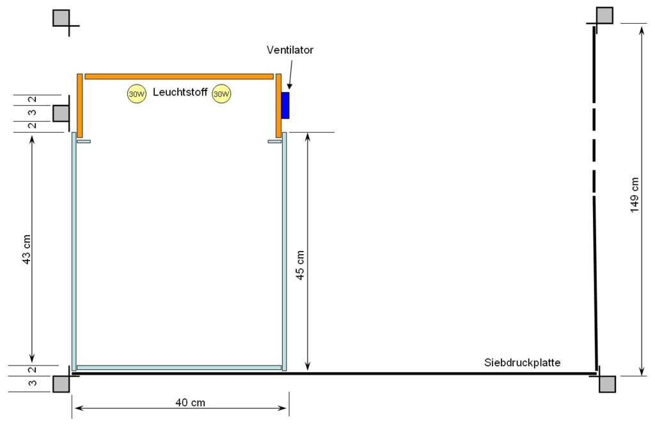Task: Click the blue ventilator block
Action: click(x=285, y=105)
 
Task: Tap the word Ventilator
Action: click(x=290, y=49)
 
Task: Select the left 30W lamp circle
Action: click(x=137, y=93)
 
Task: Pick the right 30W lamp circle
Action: click(x=221, y=93)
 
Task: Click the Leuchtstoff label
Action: click(x=180, y=93)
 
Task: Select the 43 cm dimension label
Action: click(x=26, y=251)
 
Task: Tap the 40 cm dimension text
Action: click(x=191, y=402)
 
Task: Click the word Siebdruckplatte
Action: click(x=522, y=362)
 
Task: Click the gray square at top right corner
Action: click(x=604, y=15)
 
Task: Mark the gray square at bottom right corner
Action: click(x=607, y=384)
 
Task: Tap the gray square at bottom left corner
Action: click(x=61, y=384)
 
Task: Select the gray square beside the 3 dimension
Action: click(x=61, y=113)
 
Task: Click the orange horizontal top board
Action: click(x=179, y=76)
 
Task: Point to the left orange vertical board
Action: click(x=80, y=105)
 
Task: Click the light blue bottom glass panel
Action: click(x=179, y=368)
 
